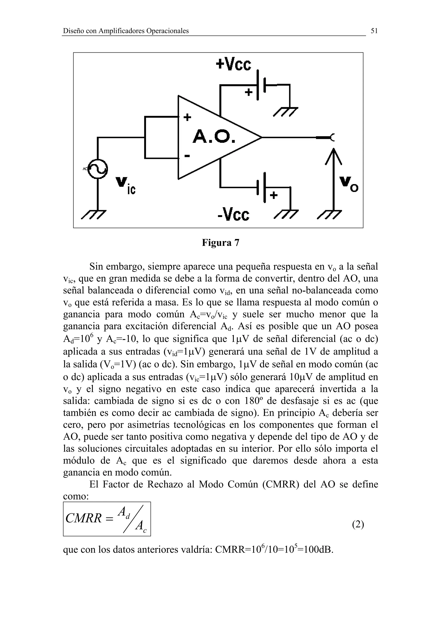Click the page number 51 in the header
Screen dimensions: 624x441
[374, 31]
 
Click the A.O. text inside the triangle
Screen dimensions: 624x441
[214, 137]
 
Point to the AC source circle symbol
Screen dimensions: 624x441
[97, 169]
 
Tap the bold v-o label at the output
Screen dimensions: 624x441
[349, 185]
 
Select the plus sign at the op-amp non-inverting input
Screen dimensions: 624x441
[187, 117]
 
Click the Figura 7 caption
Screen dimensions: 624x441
[220, 243]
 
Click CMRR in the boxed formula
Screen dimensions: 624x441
[83, 518]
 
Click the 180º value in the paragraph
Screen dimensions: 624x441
[254, 401]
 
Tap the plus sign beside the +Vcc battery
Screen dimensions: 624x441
[248, 93]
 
